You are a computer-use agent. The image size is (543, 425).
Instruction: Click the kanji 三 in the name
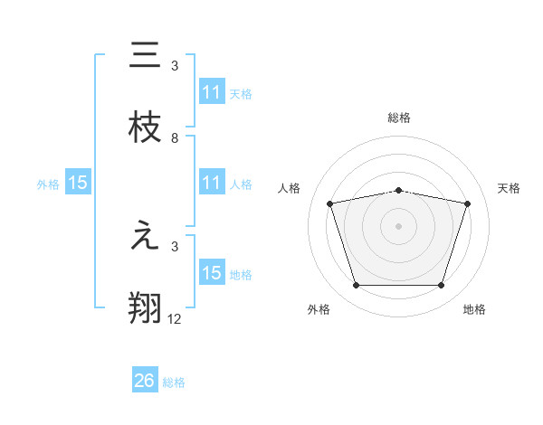145,55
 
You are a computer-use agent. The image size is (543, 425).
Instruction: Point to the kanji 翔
145,308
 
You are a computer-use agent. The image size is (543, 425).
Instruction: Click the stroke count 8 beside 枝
175,138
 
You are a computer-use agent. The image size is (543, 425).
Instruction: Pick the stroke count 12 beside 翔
175,319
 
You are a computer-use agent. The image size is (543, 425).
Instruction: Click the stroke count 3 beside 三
175,66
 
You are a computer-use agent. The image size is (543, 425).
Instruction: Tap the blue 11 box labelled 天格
212,92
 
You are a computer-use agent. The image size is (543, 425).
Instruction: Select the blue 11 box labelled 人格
212,183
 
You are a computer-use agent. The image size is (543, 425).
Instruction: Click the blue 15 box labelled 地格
212,273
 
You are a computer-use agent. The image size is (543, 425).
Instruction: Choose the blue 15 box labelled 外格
78,183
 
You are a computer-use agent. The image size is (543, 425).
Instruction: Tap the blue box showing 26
145,381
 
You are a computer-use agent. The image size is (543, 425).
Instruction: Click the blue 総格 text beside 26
174,382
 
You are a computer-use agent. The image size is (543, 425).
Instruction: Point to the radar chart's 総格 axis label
398,118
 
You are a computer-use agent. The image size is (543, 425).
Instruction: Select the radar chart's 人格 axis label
290,188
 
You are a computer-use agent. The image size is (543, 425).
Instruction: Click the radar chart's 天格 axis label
510,188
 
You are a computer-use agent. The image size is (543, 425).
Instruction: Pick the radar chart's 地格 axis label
474,310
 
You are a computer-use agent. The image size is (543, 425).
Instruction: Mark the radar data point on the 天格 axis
467,203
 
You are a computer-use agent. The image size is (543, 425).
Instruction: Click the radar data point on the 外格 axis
356,286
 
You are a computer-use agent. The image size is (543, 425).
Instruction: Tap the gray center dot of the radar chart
398,226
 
